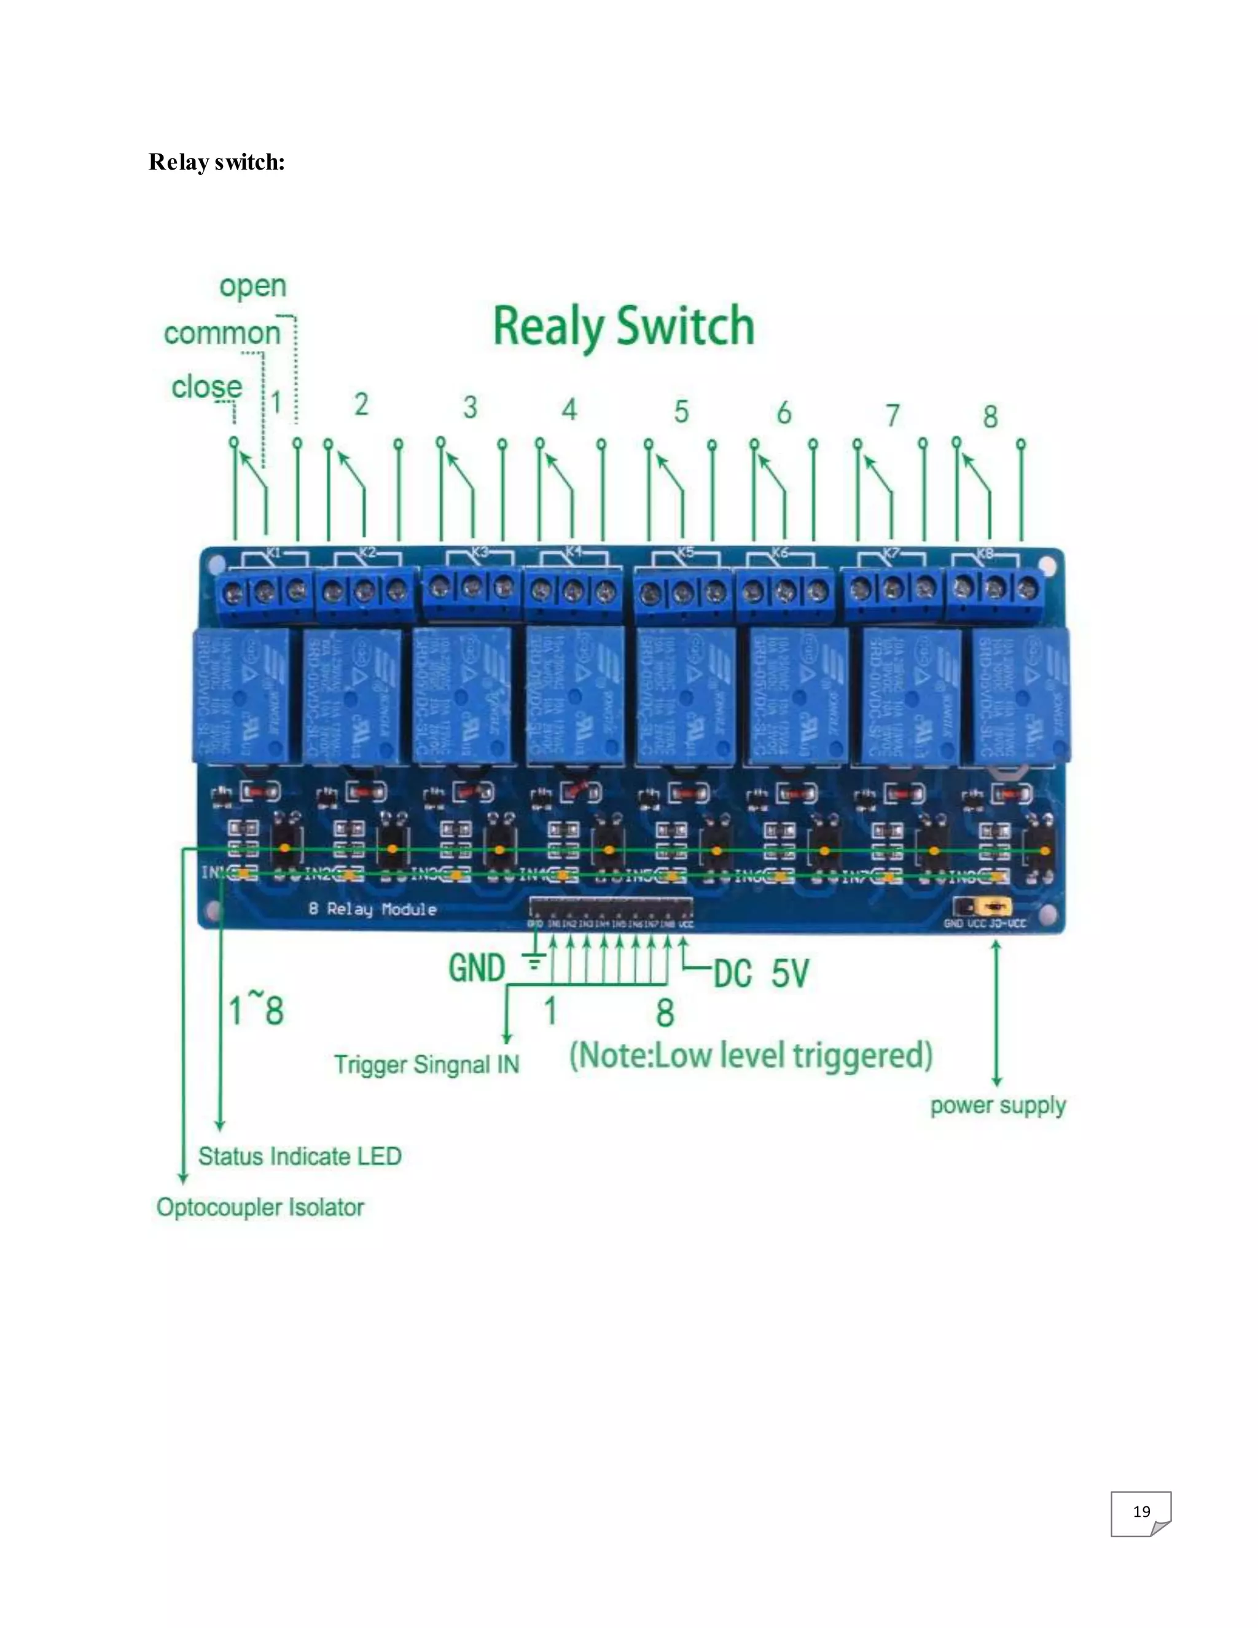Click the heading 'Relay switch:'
(216, 162)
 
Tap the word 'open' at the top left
(252, 286)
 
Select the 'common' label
(222, 333)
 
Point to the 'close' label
(206, 387)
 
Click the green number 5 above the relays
(681, 412)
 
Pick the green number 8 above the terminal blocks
(990, 417)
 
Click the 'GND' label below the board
(477, 968)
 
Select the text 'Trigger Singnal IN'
(426, 1065)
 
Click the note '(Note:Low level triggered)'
(751, 1055)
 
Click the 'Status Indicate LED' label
(300, 1156)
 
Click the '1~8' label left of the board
(256, 1011)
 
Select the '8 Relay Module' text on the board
(373, 909)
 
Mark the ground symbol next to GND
(534, 961)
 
